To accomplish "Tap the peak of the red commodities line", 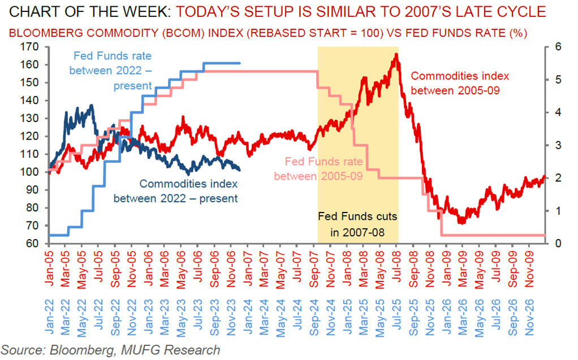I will click(x=396, y=54).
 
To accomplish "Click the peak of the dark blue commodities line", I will click(x=92, y=105).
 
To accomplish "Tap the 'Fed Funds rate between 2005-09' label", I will click(x=318, y=168).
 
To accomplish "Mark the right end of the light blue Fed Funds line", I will click(x=240, y=63).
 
